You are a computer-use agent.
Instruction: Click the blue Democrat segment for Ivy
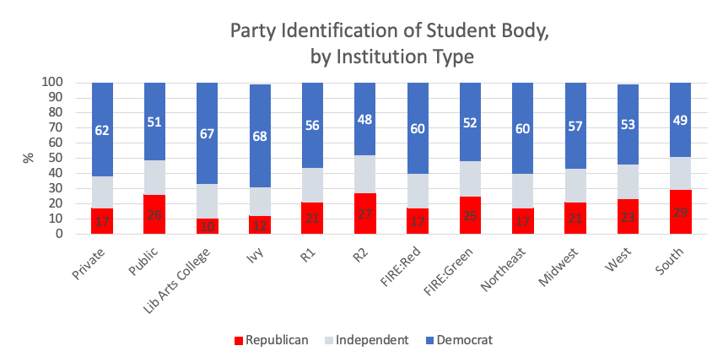coord(261,136)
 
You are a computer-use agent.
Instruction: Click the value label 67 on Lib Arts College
coord(208,132)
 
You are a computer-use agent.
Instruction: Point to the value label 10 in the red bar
coord(208,226)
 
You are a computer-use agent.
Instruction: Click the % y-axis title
coord(26,159)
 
